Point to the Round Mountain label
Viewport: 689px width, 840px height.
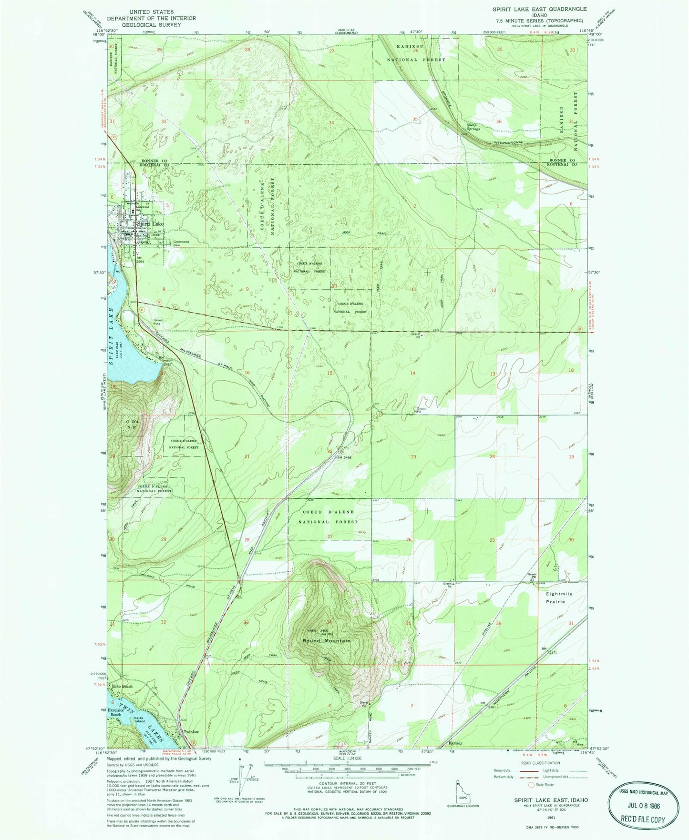(x=327, y=641)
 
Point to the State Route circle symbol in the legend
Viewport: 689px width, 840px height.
(x=531, y=784)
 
